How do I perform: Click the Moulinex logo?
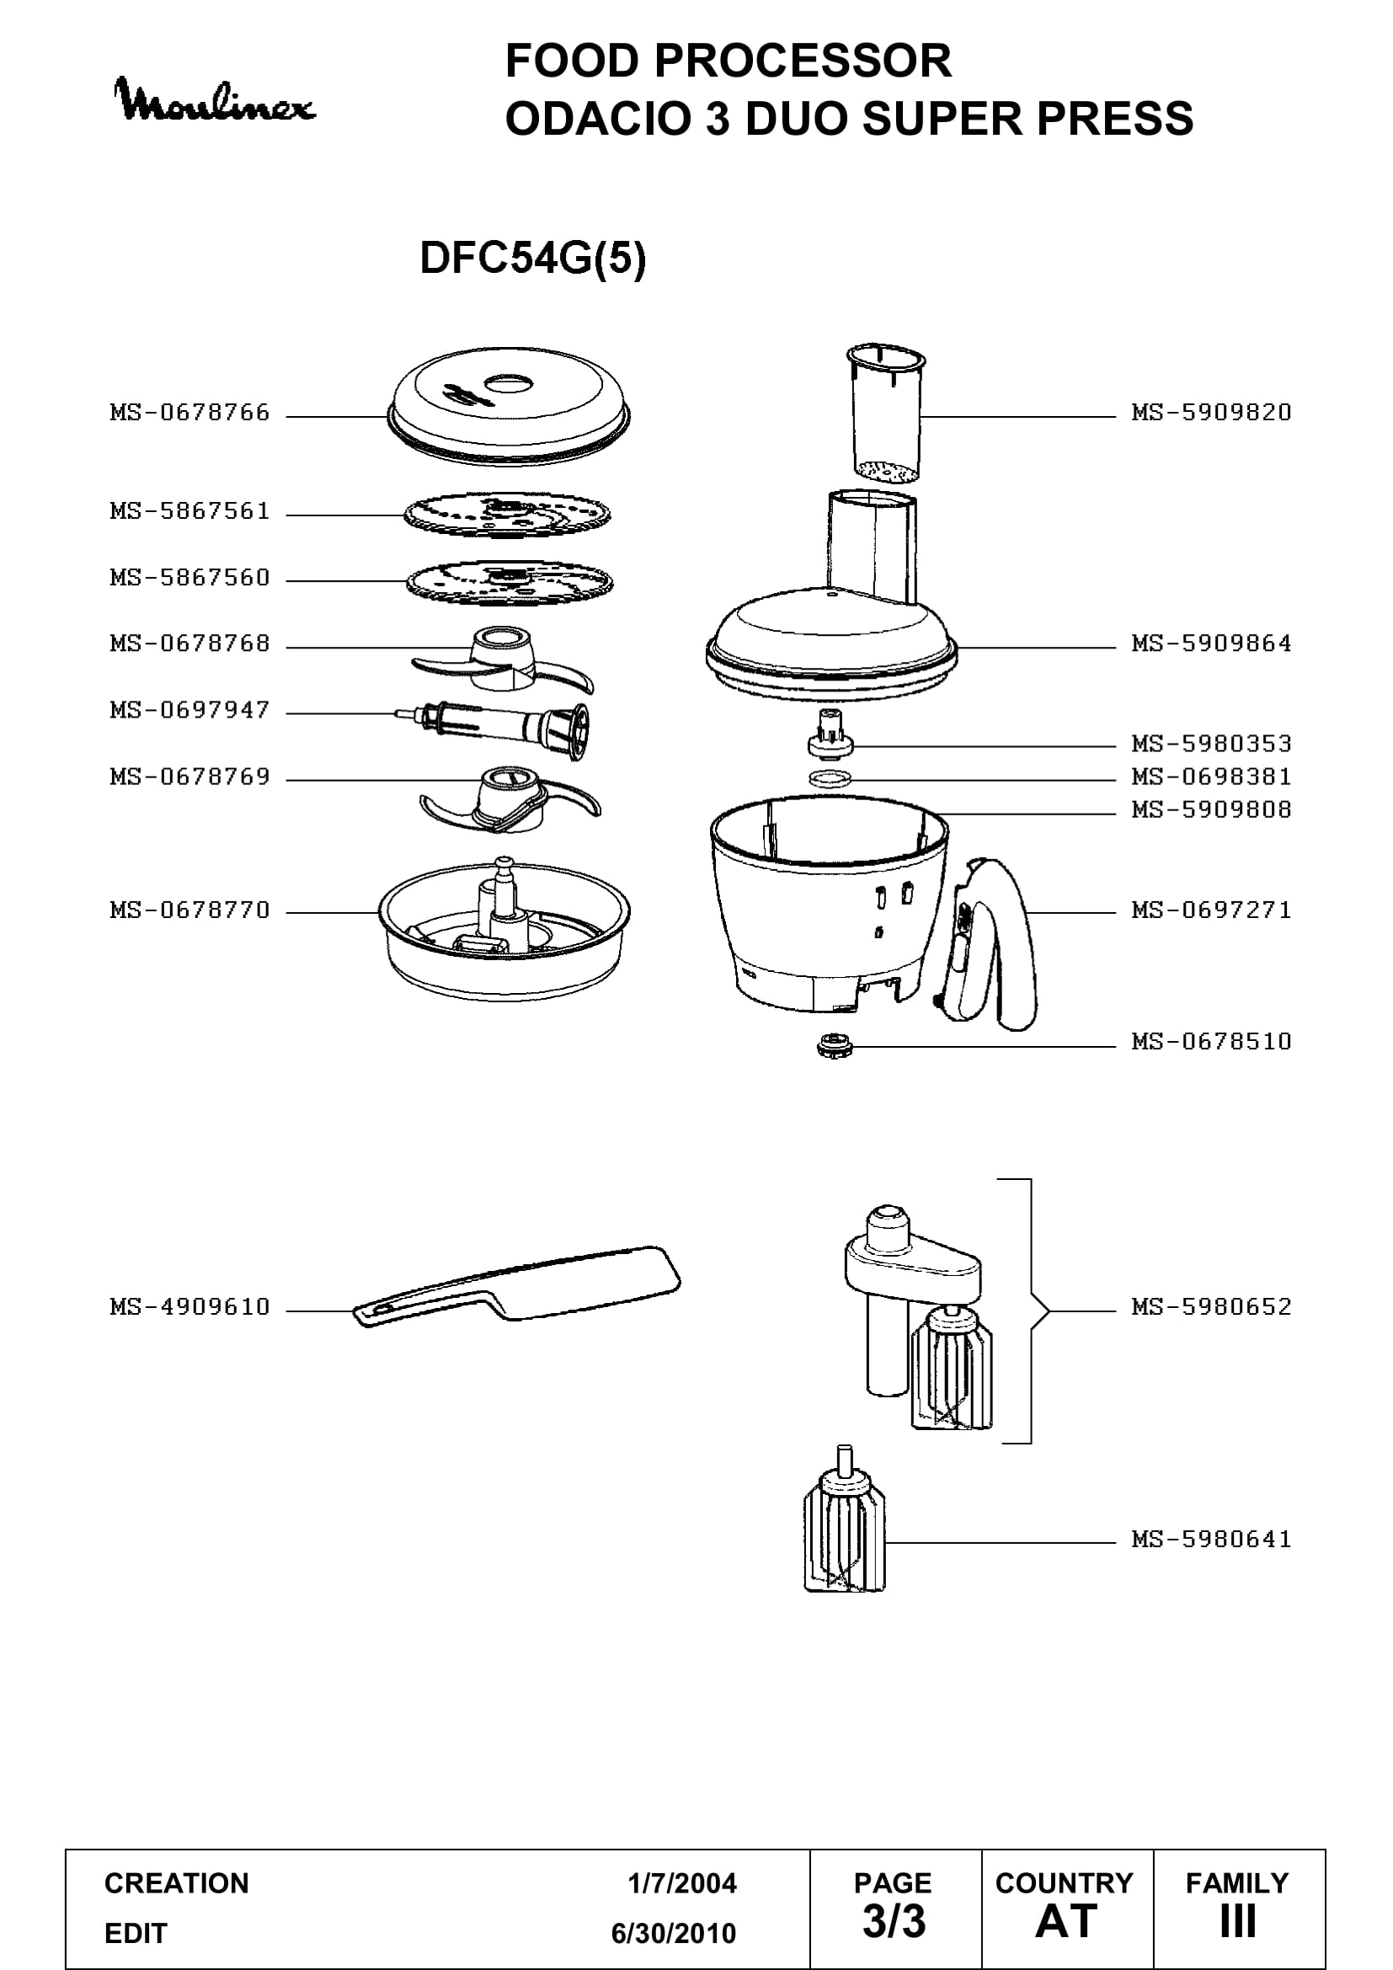tap(215, 101)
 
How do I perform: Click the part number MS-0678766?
tap(189, 413)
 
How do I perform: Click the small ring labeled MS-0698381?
tap(830, 779)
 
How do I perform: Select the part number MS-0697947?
tap(189, 711)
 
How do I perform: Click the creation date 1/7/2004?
tap(682, 1883)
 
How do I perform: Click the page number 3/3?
tap(894, 1922)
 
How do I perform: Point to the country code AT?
tap(1066, 1922)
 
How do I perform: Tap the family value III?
tap(1238, 1922)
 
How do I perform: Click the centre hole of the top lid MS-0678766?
tap(510, 382)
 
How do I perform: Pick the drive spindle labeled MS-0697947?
tap(493, 729)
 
